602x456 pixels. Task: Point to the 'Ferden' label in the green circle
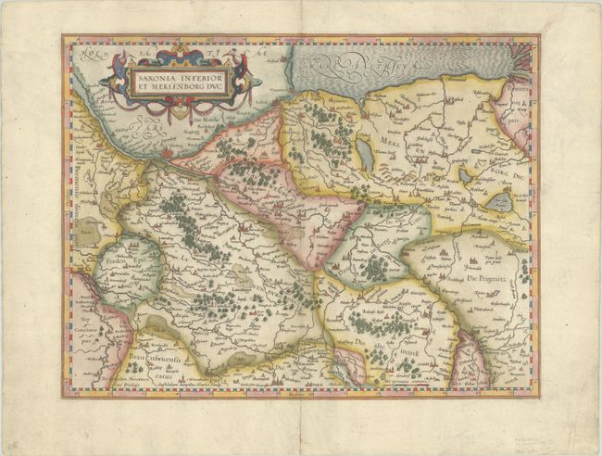point(116,261)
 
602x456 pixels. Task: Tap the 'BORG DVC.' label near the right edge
point(505,173)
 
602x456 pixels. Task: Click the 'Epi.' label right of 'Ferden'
point(141,261)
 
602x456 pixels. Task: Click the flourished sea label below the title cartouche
point(148,127)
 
